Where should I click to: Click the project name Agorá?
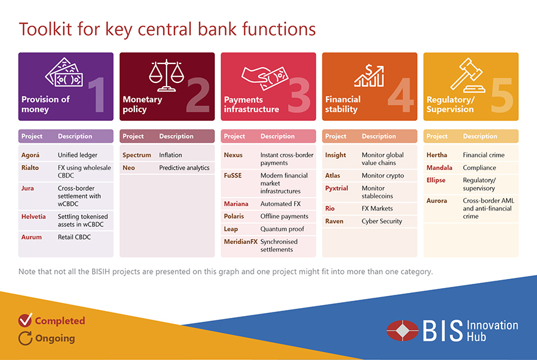click(30, 155)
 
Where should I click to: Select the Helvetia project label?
click(33, 217)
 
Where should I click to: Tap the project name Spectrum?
click(137, 155)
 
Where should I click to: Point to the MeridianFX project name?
click(240, 242)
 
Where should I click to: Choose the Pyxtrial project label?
click(336, 189)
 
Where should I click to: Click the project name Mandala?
click(439, 168)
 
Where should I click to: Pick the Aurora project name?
click(437, 201)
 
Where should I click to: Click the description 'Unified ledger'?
click(77, 155)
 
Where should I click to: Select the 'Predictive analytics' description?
click(184, 168)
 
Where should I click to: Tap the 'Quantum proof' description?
click(282, 229)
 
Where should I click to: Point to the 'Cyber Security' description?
click(382, 221)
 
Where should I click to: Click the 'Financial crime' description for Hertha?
click(483, 155)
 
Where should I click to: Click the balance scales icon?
click(167, 76)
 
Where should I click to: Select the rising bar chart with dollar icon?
click(369, 76)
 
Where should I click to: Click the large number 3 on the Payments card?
click(299, 95)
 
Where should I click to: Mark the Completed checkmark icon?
click(26, 320)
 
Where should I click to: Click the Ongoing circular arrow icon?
click(26, 338)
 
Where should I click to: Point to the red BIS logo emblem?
click(402, 331)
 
